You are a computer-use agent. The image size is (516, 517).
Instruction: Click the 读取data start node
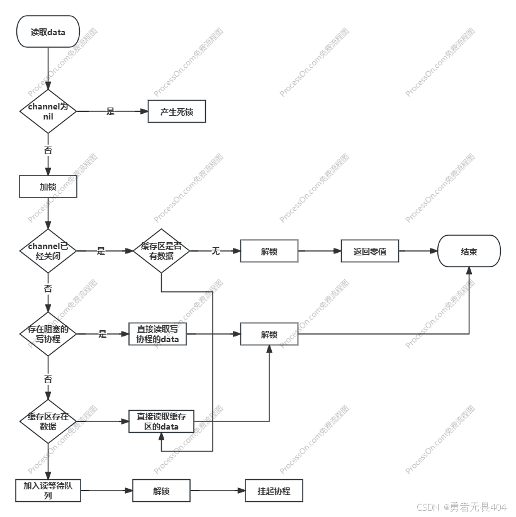coord(48,32)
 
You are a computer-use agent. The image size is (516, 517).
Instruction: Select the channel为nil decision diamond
coord(48,111)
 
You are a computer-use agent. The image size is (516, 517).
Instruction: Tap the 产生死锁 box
coord(177,113)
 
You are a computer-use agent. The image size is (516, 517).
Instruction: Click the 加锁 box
coord(48,187)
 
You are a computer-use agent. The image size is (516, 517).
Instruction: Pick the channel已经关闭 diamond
coord(48,250)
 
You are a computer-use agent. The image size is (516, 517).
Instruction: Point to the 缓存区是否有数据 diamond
coord(161,251)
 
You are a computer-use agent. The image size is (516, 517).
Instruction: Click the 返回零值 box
coord(370,252)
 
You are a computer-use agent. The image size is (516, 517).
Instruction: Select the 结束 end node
coord(469,252)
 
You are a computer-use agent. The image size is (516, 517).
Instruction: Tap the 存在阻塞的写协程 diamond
coord(48,334)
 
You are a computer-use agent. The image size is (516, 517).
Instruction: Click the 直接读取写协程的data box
coord(158,334)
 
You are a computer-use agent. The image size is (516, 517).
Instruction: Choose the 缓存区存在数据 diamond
coord(48,421)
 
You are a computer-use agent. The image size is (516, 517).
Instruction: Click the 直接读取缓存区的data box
coord(161,421)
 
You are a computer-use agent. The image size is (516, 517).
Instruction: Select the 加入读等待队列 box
coord(48,491)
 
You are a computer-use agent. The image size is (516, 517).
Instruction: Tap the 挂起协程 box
coord(274,491)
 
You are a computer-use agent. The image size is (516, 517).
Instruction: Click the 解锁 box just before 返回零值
coord(269,252)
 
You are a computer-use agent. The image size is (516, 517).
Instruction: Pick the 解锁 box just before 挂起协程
coord(161,491)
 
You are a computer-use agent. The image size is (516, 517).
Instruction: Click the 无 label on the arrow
coord(215,251)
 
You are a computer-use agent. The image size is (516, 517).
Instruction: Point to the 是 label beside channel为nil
coord(111,112)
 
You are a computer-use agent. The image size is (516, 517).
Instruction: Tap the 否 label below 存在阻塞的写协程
coord(48,379)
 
